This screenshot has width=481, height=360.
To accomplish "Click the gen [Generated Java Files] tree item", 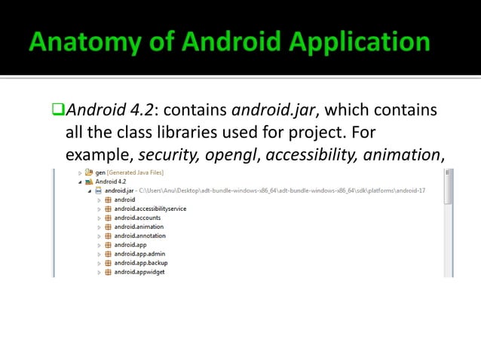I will pyautogui.click(x=124, y=172).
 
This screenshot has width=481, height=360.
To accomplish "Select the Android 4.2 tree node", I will pyautogui.click(x=110, y=182).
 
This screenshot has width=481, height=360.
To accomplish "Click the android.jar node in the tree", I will pyautogui.click(x=118, y=191).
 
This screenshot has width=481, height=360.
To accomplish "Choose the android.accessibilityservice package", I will pyautogui.click(x=150, y=209).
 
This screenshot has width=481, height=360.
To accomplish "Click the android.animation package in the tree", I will pyautogui.click(x=139, y=227).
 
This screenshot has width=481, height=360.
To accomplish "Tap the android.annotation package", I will pyautogui.click(x=139, y=236).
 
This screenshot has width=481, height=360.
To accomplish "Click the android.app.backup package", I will pyautogui.click(x=141, y=263).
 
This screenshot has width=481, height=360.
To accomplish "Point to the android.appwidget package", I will pyautogui.click(x=139, y=272).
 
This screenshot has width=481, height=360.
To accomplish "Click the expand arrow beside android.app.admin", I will pyautogui.click(x=98, y=254).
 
